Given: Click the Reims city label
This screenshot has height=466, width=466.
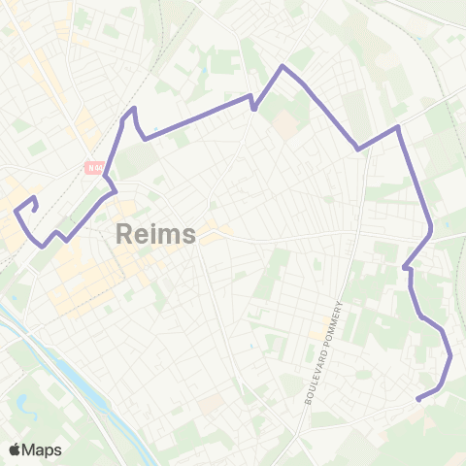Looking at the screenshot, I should pyautogui.click(x=155, y=234).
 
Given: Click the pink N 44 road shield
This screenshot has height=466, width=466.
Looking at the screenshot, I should pyautogui.click(x=94, y=166).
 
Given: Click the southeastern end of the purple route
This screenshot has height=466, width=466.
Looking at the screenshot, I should pyautogui.click(x=417, y=399).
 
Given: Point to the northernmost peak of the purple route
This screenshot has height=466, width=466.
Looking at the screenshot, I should pyautogui.click(x=282, y=66).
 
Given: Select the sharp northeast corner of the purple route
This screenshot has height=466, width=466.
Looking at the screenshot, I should pyautogui.click(x=398, y=126).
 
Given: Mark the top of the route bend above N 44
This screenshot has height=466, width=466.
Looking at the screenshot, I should pyautogui.click(x=133, y=108).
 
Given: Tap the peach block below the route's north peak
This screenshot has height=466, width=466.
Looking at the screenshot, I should pyautogui.click(x=283, y=123).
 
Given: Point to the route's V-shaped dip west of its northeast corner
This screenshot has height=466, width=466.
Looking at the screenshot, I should pyautogui.click(x=358, y=150).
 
